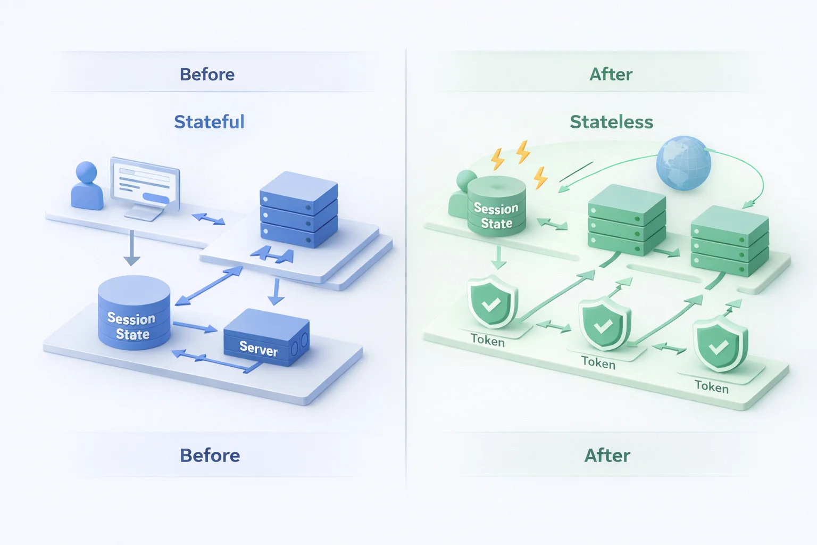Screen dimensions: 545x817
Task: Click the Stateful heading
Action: tap(209, 122)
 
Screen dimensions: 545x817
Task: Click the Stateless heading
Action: tap(611, 122)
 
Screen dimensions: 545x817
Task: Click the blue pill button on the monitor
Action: tap(156, 198)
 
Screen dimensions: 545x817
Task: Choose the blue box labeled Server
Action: tap(266, 338)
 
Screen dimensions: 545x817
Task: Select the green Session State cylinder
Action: tap(496, 207)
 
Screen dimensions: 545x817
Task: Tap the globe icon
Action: tap(683, 163)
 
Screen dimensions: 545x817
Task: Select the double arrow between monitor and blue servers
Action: tap(208, 219)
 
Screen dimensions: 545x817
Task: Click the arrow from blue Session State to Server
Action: tap(195, 326)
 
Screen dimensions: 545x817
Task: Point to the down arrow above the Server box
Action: tap(276, 292)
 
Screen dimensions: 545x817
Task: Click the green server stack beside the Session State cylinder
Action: tap(627, 219)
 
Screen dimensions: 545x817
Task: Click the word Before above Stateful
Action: tap(207, 75)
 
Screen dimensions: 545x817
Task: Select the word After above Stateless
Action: tap(611, 75)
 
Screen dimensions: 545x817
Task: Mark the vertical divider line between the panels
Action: tap(406, 266)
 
